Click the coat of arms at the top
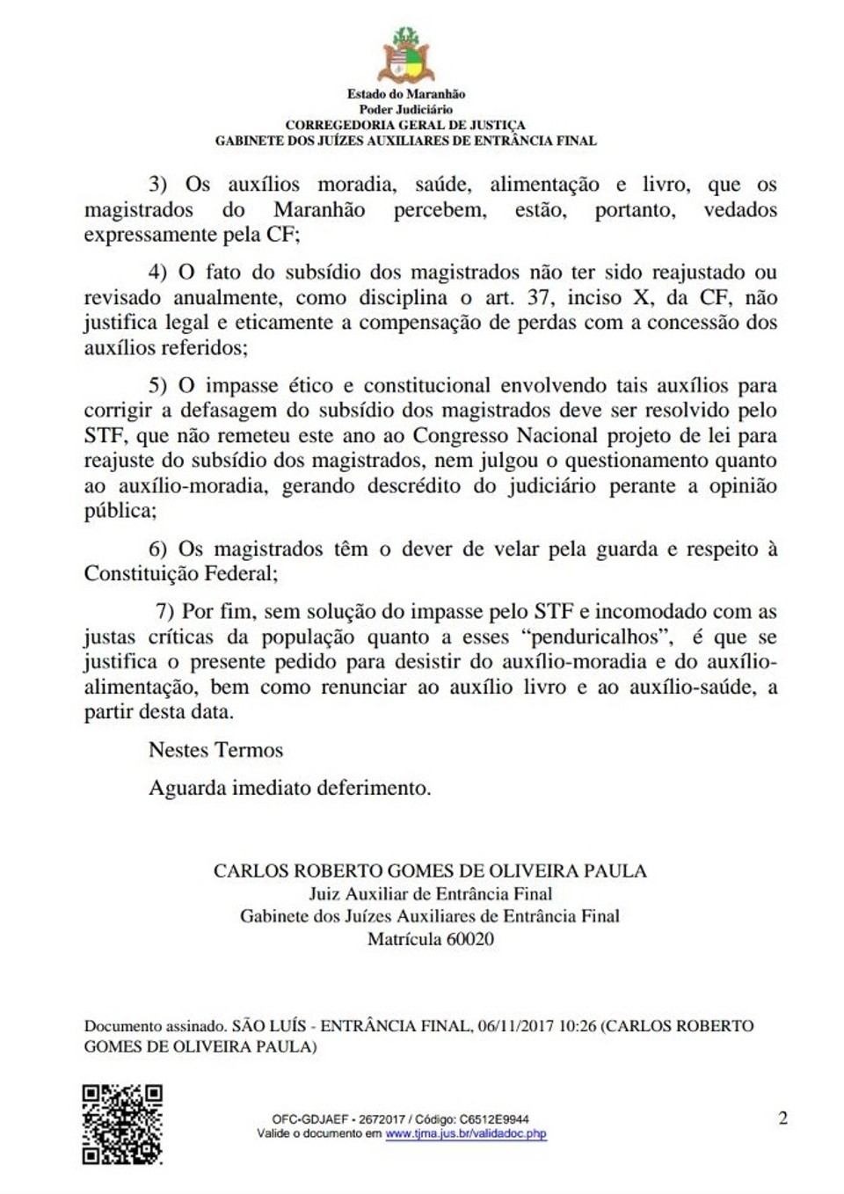pyautogui.click(x=405, y=55)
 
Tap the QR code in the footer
pyautogui.click(x=122, y=1125)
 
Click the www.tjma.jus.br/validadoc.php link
pyautogui.click(x=466, y=1134)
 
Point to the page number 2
pyautogui.click(x=782, y=1118)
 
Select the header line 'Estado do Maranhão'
pyautogui.click(x=405, y=94)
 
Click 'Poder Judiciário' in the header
pyautogui.click(x=405, y=109)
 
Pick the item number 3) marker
pyautogui.click(x=157, y=185)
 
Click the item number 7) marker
pyautogui.click(x=164, y=612)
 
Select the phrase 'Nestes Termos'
pyautogui.click(x=215, y=750)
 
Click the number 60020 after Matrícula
pyautogui.click(x=470, y=939)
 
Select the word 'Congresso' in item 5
pyautogui.click(x=461, y=436)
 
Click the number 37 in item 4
pyautogui.click(x=539, y=298)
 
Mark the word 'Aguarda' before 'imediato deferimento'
pyautogui.click(x=187, y=788)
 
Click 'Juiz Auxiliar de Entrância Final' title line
pyautogui.click(x=430, y=894)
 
